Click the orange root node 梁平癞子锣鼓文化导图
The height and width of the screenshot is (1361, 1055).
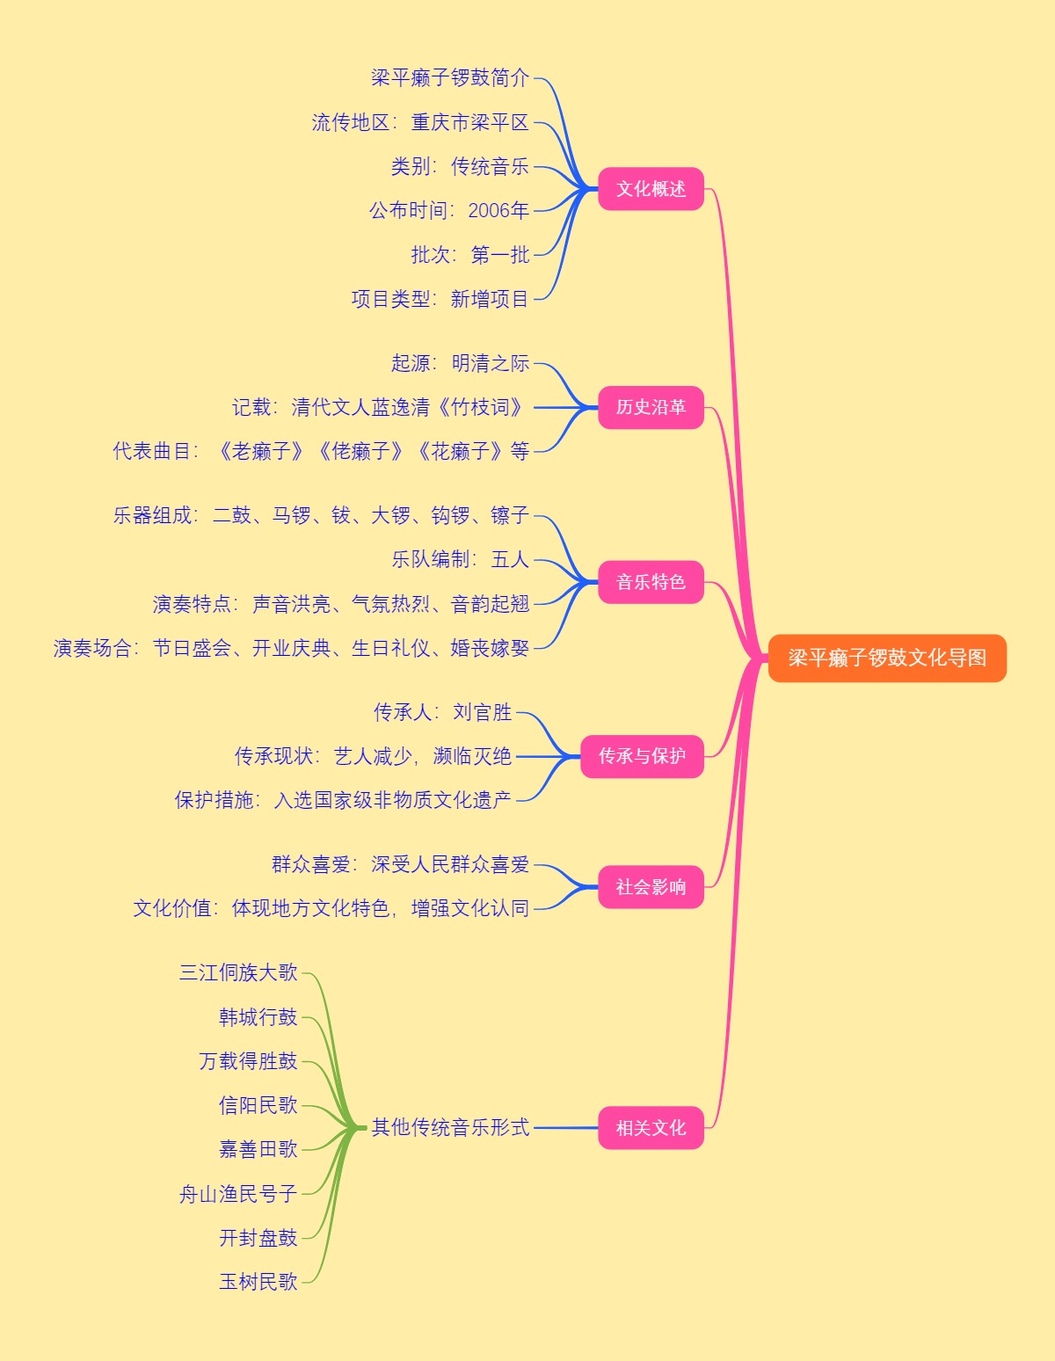click(x=886, y=658)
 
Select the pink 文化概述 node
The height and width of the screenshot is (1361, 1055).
click(x=651, y=189)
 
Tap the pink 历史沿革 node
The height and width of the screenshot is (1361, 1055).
click(x=651, y=407)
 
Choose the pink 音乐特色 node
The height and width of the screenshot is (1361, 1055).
click(x=651, y=582)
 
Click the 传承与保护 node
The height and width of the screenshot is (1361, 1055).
click(x=642, y=756)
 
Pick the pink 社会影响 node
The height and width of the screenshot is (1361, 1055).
click(x=651, y=887)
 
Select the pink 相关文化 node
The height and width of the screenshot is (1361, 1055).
click(x=651, y=1128)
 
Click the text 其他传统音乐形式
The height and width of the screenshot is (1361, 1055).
click(x=450, y=1127)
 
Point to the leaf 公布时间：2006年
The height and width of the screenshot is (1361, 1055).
click(x=449, y=210)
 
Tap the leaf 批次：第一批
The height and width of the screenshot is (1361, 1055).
click(x=470, y=255)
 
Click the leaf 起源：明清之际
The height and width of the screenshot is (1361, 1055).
click(x=460, y=363)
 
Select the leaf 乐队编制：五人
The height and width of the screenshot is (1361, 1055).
click(x=460, y=559)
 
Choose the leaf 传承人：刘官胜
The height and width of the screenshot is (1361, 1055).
click(x=442, y=712)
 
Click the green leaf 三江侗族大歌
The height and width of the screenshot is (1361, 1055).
click(x=238, y=972)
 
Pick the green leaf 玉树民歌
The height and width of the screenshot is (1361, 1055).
click(x=258, y=1282)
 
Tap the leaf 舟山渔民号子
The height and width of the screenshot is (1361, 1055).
click(x=238, y=1194)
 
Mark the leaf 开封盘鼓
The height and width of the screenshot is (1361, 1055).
click(x=258, y=1238)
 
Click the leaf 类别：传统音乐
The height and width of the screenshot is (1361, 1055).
click(x=460, y=166)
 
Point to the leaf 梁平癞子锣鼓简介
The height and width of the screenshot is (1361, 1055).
click(x=450, y=78)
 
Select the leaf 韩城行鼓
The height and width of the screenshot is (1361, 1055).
click(x=258, y=1017)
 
